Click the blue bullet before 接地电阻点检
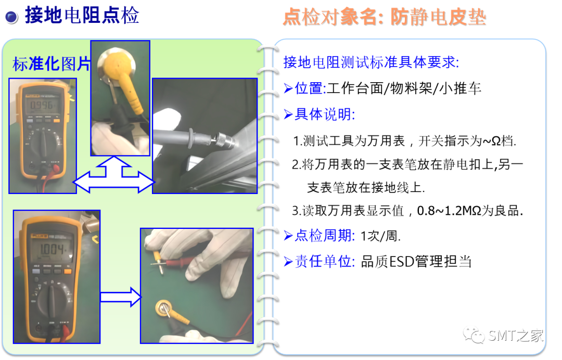12,17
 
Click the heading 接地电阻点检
82,16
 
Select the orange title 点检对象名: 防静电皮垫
384,17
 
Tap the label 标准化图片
51,64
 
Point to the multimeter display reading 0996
42,105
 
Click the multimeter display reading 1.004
53,249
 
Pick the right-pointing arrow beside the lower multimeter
121,297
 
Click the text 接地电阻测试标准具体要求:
371,62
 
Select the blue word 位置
309,88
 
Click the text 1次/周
380,236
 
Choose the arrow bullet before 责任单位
288,262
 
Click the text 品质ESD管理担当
416,262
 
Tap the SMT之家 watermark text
516,336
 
